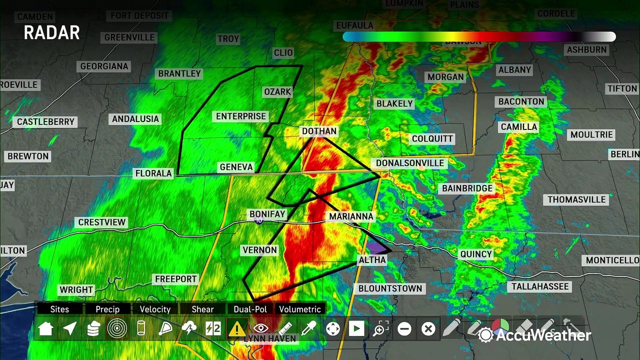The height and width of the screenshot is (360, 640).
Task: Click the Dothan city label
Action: point(319,131)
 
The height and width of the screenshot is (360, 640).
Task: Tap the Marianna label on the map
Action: point(351,216)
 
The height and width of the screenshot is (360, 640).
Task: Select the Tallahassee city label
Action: point(540,286)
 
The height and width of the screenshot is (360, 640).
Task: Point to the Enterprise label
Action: point(241,116)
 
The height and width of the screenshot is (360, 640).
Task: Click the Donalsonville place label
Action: point(410,163)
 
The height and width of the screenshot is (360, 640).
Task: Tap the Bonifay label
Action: point(267,214)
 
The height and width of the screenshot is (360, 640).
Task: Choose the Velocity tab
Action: point(155,309)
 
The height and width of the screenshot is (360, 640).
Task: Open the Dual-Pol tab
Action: point(250,309)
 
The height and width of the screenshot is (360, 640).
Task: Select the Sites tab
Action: point(59,309)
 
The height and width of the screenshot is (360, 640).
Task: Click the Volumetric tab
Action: point(300,309)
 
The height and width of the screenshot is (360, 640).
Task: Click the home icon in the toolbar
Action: point(46,328)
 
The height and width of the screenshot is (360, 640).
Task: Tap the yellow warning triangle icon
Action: point(236,328)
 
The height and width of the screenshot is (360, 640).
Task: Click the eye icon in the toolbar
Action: point(260,328)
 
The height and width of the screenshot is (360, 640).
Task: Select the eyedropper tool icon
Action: point(308,328)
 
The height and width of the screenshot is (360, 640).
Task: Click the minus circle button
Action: point(404,328)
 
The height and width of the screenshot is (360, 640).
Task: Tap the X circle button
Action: point(428,328)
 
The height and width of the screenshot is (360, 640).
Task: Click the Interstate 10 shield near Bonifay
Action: point(259,220)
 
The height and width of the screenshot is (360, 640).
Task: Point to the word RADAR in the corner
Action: point(52,33)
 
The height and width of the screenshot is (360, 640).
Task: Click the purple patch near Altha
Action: point(378,247)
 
